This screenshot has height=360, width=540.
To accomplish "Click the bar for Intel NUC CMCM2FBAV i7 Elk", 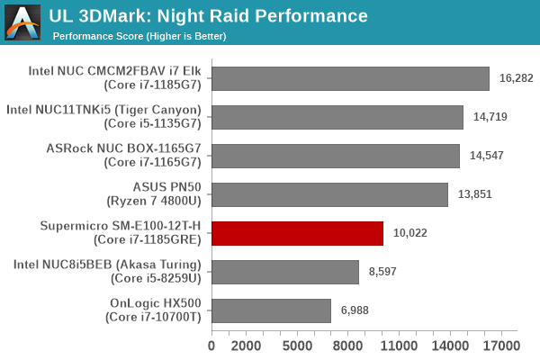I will tap(350, 78).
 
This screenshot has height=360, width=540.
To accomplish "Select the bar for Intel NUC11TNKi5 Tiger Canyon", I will tap(337, 117).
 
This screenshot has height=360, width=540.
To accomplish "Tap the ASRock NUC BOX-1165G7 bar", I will tap(336, 156).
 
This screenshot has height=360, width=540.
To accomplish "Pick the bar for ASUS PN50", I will tap(329, 194).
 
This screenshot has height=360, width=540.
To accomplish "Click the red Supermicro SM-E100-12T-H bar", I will tap(297, 233).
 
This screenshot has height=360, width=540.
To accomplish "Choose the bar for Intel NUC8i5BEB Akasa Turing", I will tap(285, 272).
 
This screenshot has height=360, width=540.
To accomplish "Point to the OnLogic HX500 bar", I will tap(271, 310).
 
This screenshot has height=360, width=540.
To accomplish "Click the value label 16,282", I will tap(516, 78).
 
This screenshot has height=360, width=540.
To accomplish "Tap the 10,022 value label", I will tap(409, 233).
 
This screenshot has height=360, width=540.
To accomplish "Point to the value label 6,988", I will tap(357, 310).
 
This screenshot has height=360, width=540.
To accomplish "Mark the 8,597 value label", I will tap(385, 272).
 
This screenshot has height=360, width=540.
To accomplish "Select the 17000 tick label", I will tap(500, 346).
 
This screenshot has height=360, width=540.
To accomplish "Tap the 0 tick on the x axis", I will tap(211, 346).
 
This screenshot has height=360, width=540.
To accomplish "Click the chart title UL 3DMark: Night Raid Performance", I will tap(210, 16).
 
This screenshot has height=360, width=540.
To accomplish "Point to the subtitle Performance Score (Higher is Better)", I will tap(139, 36).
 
